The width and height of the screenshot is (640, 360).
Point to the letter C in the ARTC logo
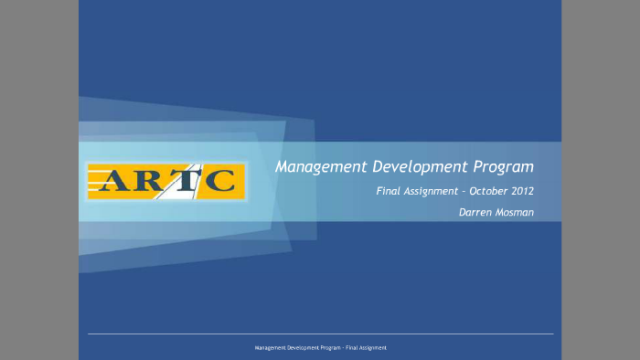click(219, 181)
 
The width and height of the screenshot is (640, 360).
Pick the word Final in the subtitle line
click(389, 192)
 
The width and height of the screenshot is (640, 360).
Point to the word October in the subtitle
click(489, 192)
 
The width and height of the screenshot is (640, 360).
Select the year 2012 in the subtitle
click(523, 192)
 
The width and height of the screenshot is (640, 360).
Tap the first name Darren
click(475, 213)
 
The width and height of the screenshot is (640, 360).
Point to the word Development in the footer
click(301, 348)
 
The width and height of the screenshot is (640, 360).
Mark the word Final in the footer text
click(351, 348)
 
